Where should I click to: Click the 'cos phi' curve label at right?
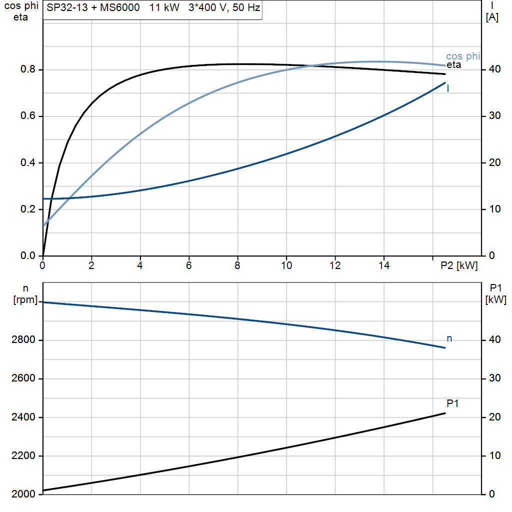click(462, 56)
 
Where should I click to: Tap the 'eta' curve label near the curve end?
click(453, 64)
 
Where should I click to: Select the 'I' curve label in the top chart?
click(447, 88)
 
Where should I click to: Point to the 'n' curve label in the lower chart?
click(449, 338)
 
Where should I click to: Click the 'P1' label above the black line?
click(452, 403)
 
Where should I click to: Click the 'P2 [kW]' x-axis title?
click(458, 266)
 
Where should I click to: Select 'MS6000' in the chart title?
click(120, 8)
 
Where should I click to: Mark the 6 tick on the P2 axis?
click(189, 266)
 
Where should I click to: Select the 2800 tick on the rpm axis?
click(23, 340)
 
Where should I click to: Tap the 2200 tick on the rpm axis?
click(23, 456)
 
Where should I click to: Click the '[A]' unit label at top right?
click(492, 17)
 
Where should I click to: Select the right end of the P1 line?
click(444, 413)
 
